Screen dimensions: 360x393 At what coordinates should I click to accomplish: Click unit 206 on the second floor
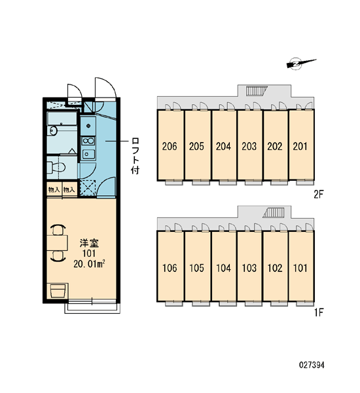click(x=170, y=145)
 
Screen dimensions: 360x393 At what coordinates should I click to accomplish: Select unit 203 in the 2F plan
click(x=249, y=145)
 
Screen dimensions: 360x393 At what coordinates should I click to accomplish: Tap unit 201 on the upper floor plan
click(x=301, y=145)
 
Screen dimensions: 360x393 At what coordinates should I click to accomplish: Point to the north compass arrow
click(x=301, y=63)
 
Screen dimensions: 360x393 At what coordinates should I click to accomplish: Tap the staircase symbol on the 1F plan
click(x=274, y=212)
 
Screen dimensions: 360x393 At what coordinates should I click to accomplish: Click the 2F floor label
click(x=319, y=194)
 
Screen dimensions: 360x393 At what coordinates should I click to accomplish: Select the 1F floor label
click(x=319, y=312)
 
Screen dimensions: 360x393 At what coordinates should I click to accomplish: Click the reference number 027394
click(x=312, y=365)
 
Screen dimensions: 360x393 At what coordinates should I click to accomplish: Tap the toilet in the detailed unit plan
click(x=56, y=167)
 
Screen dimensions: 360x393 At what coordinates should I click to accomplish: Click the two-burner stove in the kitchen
click(x=88, y=141)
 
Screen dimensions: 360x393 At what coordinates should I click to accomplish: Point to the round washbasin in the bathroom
click(x=53, y=130)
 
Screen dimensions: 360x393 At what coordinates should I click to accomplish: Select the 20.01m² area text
click(x=89, y=264)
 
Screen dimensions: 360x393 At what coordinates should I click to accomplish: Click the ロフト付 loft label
click(x=135, y=155)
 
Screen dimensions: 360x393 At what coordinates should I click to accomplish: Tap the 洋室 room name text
click(x=89, y=243)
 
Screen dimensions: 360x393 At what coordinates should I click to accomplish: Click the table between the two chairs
click(x=57, y=242)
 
